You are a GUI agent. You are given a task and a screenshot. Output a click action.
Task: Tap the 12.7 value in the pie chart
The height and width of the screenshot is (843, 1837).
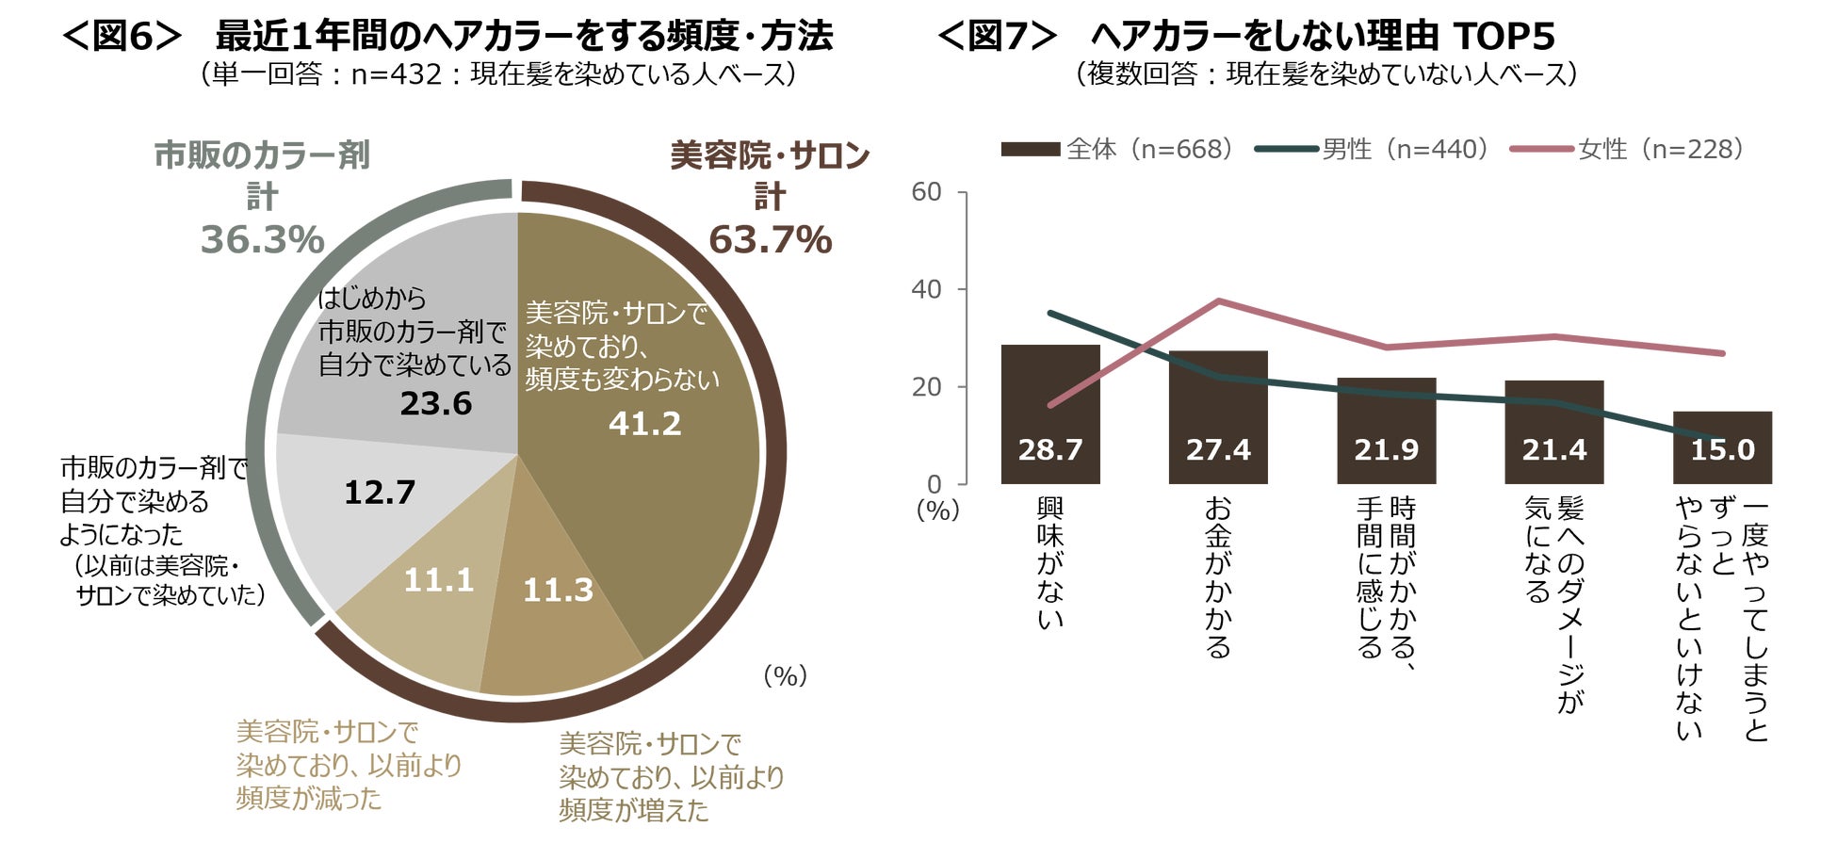point(379,492)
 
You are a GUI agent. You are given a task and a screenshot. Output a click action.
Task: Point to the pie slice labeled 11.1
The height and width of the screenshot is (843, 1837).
point(438,580)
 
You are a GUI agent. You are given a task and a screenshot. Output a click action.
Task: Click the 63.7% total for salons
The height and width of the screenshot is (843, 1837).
point(770,240)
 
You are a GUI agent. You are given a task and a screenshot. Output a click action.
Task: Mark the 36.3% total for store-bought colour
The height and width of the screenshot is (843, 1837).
point(262,240)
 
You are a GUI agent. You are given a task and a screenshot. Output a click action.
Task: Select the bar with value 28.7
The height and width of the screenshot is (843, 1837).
point(1049,414)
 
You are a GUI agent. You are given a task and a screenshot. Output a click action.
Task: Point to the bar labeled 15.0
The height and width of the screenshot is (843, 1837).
point(1722,447)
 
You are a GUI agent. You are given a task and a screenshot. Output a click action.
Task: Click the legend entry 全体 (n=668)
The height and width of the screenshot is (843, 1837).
point(1116,149)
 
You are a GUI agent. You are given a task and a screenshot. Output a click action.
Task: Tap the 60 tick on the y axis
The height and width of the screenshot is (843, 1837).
point(926,192)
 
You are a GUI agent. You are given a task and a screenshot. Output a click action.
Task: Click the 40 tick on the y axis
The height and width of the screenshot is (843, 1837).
point(926,289)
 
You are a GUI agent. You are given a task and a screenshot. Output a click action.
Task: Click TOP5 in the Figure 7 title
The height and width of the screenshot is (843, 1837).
point(1504,37)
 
